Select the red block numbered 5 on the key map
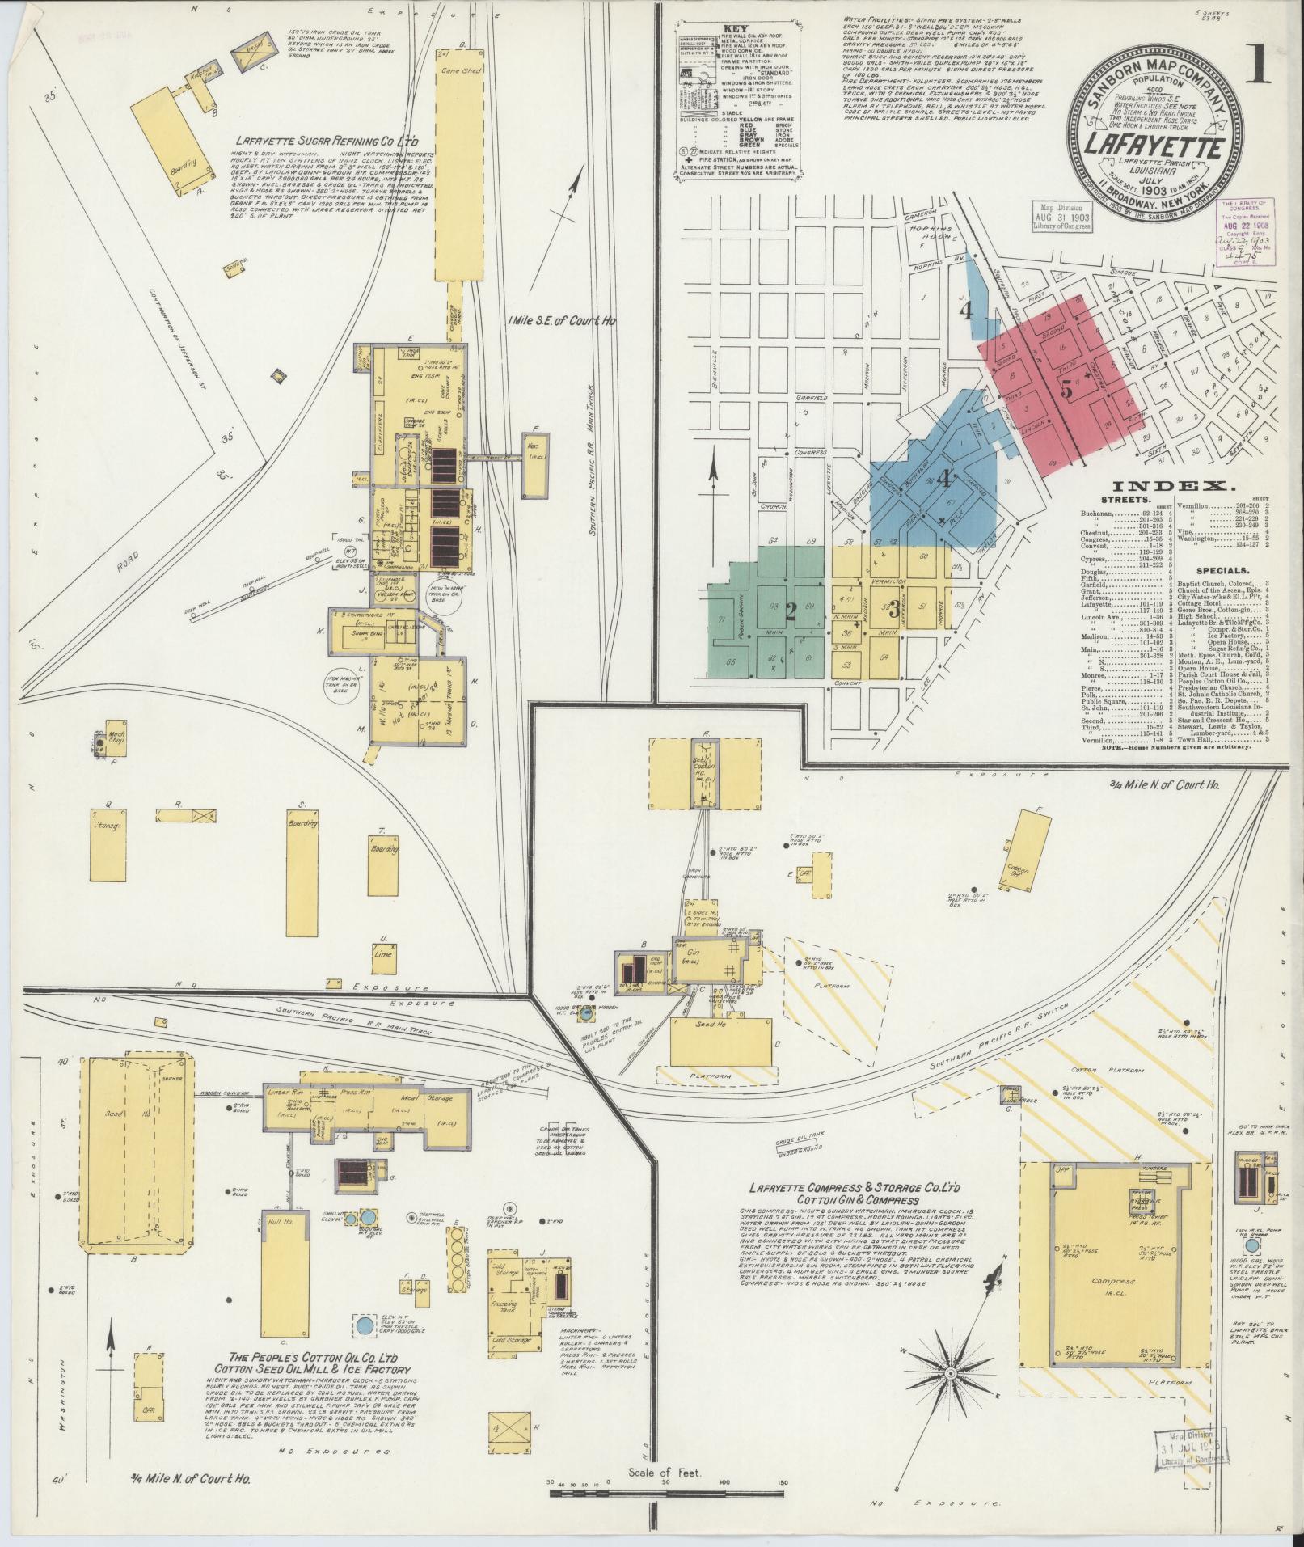(1066, 388)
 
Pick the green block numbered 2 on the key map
(790, 612)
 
